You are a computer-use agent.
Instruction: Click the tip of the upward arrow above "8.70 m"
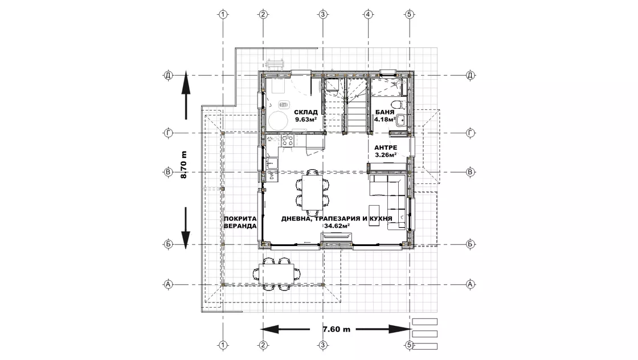(186, 71)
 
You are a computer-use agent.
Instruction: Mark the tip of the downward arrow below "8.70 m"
(186, 249)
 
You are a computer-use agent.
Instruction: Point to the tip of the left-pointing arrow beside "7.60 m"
(260, 329)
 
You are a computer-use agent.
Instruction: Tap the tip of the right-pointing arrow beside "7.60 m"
(411, 329)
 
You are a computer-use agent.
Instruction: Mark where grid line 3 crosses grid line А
(323, 284)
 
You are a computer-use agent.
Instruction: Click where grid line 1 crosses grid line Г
(223, 133)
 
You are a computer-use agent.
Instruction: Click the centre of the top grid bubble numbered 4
(368, 15)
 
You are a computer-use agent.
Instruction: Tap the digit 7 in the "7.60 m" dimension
(325, 329)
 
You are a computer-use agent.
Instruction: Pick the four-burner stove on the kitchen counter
(288, 141)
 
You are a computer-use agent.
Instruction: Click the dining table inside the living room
(312, 193)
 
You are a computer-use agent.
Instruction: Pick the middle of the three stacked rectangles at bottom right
(425, 334)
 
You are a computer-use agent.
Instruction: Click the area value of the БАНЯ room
(385, 120)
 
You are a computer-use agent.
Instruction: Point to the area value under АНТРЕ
(386, 155)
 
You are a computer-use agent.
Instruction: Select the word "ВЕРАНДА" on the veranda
(240, 226)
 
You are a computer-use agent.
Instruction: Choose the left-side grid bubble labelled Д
(168, 75)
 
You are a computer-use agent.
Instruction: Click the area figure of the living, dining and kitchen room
(337, 226)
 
